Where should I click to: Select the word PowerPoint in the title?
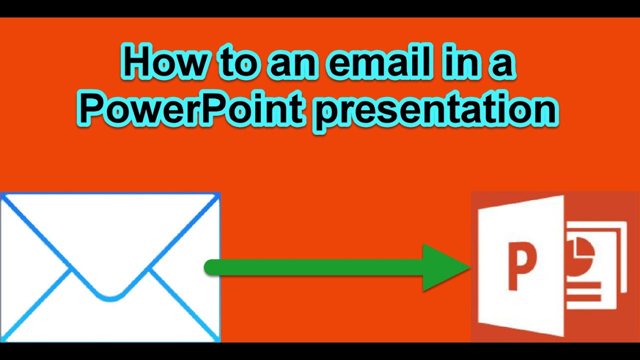point(191,111)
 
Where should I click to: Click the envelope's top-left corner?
point(2,194)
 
